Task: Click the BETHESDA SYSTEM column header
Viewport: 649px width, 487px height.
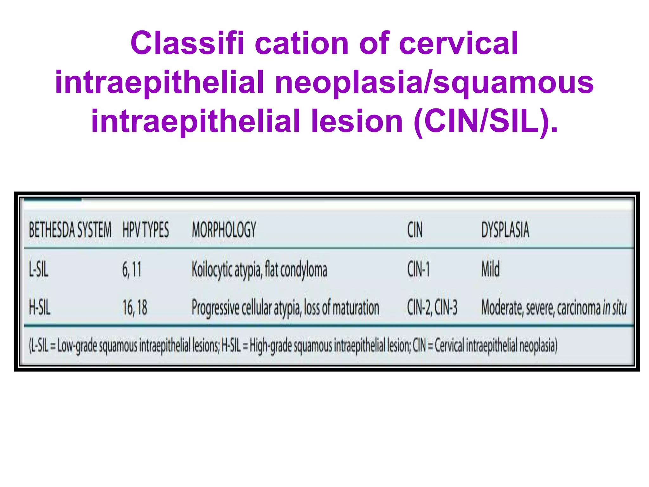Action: click(70, 230)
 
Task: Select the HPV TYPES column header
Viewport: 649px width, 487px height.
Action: click(145, 230)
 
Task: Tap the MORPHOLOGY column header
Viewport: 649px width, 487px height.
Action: click(224, 230)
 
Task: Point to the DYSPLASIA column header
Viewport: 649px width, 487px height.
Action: click(505, 230)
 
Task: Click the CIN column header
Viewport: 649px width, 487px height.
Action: click(415, 230)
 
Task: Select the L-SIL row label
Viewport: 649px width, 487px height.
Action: click(39, 270)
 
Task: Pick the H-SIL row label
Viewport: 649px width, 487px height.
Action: click(40, 308)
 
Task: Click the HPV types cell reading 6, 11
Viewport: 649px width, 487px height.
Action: click(132, 270)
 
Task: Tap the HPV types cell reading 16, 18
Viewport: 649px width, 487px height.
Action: click(135, 308)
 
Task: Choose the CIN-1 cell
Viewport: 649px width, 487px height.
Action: click(418, 270)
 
